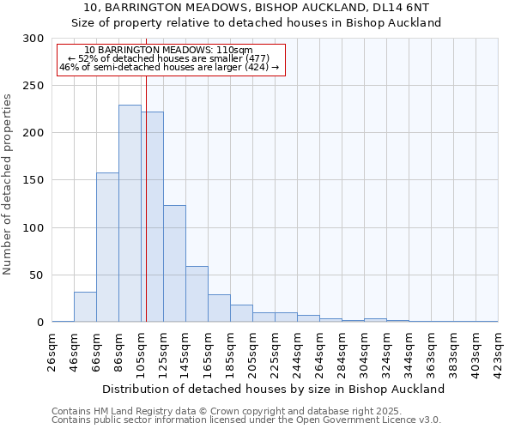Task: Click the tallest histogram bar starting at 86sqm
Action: click(130, 214)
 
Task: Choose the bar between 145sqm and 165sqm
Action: click(197, 294)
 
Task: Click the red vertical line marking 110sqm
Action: click(147, 189)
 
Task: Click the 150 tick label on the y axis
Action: click(33, 181)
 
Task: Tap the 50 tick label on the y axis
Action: click(37, 275)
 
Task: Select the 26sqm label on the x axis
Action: click(52, 352)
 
